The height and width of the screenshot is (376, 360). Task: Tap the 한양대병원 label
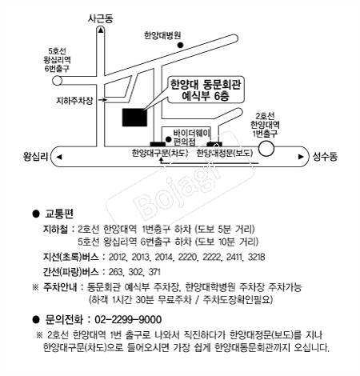162,36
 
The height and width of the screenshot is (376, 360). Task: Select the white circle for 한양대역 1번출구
266,149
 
